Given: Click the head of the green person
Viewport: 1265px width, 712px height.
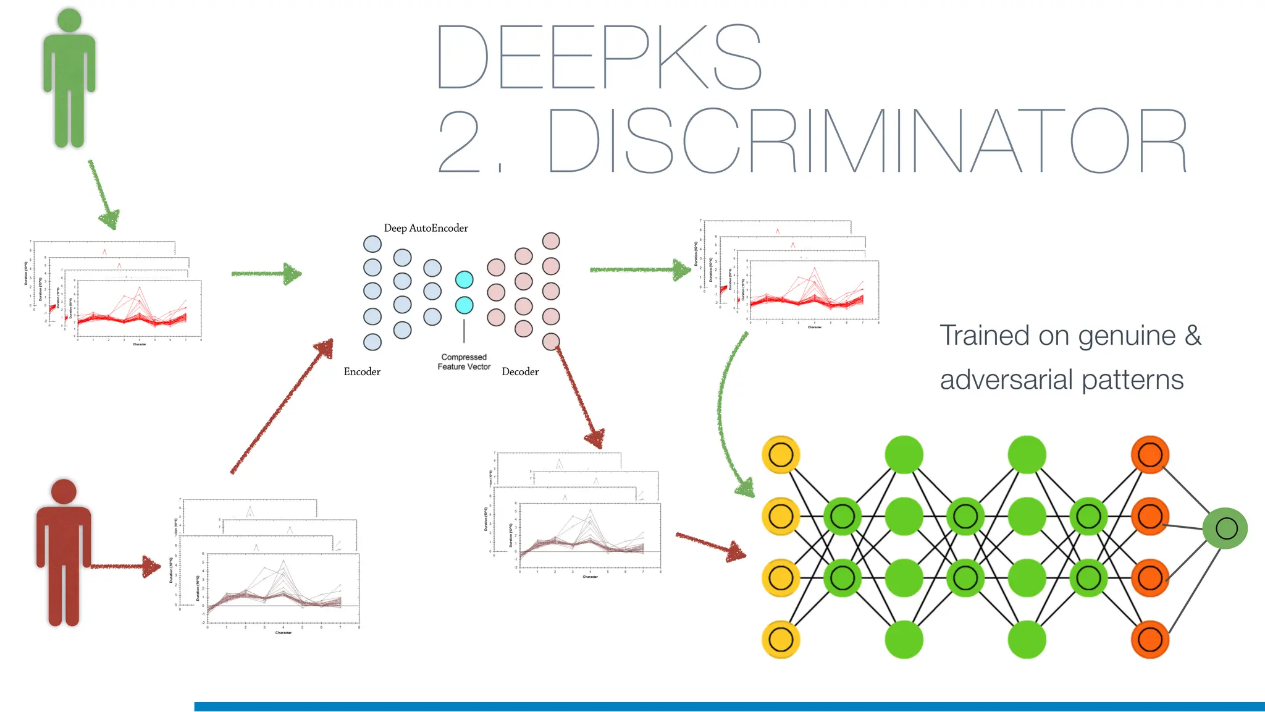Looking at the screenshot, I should pyautogui.click(x=69, y=20).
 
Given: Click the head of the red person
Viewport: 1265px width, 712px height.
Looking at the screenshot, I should pyautogui.click(x=64, y=491).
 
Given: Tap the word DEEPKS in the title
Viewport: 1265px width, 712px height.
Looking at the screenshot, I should pyautogui.click(x=599, y=57).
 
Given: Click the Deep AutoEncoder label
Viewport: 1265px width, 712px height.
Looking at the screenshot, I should pyautogui.click(x=426, y=228).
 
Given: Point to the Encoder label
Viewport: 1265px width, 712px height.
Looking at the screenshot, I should pyautogui.click(x=362, y=371).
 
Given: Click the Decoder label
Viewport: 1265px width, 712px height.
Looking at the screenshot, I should pyautogui.click(x=520, y=371).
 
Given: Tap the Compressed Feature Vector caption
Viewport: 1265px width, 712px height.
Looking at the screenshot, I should pyautogui.click(x=464, y=362).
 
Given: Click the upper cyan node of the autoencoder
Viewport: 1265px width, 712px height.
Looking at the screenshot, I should pyautogui.click(x=464, y=280).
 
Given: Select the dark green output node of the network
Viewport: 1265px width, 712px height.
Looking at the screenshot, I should pyautogui.click(x=1225, y=528).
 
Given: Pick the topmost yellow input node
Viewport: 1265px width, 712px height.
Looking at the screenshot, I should pyautogui.click(x=781, y=455).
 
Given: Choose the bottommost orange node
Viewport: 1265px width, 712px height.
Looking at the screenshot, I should pyautogui.click(x=1149, y=639).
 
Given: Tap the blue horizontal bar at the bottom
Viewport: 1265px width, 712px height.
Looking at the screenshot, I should pyautogui.click(x=729, y=706).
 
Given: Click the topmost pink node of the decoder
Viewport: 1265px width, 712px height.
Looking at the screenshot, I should pyautogui.click(x=551, y=241).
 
